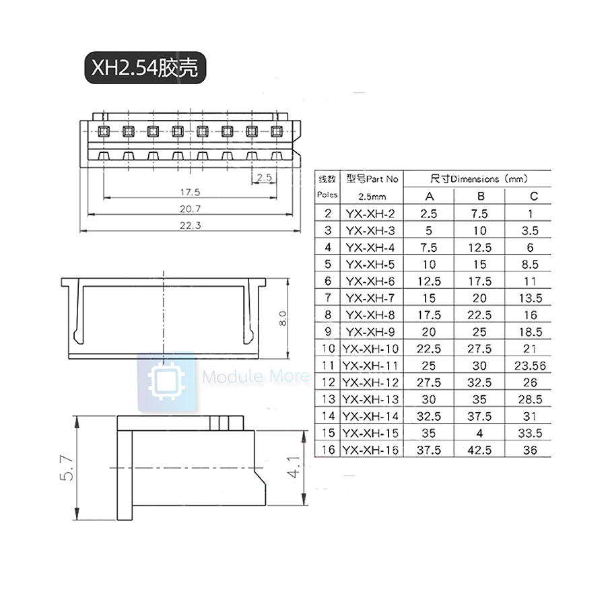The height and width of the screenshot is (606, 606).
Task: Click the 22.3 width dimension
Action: click(x=191, y=226)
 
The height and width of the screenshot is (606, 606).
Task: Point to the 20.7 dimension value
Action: click(x=191, y=209)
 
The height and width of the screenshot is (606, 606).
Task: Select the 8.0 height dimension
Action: click(x=283, y=317)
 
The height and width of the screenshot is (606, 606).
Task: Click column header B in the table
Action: click(x=480, y=196)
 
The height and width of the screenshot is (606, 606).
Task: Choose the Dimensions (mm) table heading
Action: click(x=478, y=179)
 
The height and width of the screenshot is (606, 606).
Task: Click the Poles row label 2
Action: click(x=328, y=213)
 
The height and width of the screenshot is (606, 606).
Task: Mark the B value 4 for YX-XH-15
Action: click(x=480, y=433)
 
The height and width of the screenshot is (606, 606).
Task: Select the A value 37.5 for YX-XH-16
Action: click(x=430, y=450)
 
